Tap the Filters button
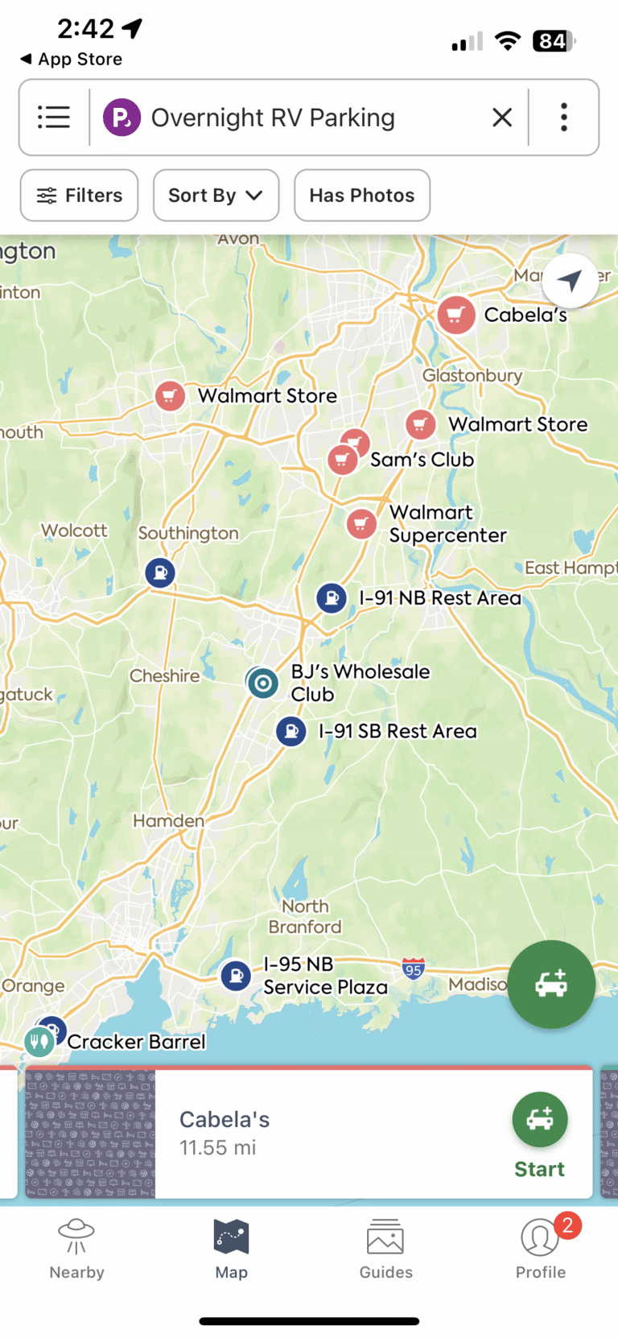pos(79,196)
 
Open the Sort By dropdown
pos(216,196)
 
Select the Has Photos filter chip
pos(362,196)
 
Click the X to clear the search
pos(502,118)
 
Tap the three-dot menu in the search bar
pos(564,118)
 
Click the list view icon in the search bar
pos(54,118)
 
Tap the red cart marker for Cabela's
pos(455,315)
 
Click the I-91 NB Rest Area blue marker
pos(332,598)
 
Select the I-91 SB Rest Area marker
pos(291,732)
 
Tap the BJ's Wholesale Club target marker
pos(262,683)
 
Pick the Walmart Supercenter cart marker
pos(361,524)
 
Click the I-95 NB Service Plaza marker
pos(236,976)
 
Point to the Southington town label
pos(188,533)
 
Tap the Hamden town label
pos(168,820)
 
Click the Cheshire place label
pos(164,676)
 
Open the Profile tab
pos(540,1248)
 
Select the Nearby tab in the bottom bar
pos(77,1248)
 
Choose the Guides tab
pos(385,1248)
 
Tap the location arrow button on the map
pos(570,281)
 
